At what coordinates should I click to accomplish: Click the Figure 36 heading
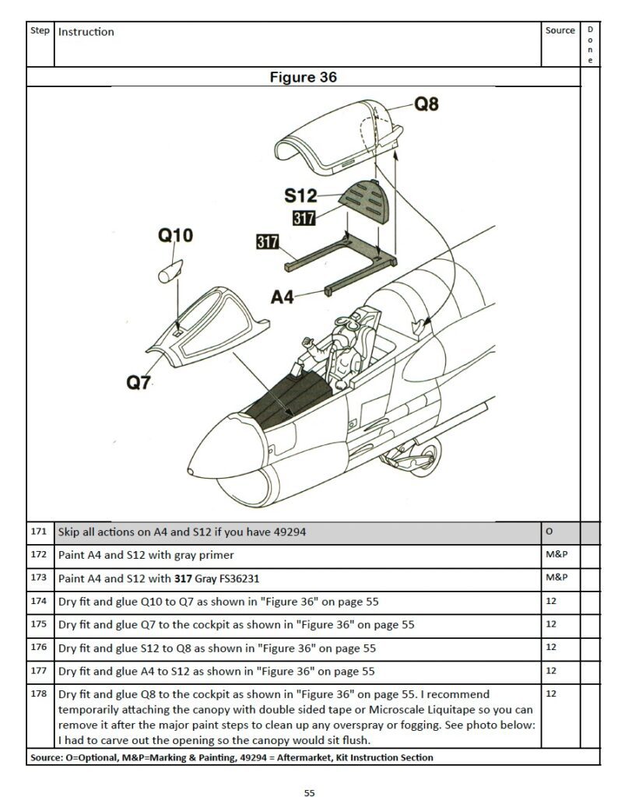[x=303, y=77]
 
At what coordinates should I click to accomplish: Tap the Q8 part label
[x=426, y=103]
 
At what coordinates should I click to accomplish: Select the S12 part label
[x=300, y=195]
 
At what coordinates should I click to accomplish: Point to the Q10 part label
[x=176, y=235]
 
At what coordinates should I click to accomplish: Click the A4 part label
[x=283, y=297]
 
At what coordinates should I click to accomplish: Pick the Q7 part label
[x=138, y=382]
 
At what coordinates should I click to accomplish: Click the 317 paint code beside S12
[x=304, y=219]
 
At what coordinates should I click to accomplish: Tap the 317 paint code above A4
[x=268, y=242]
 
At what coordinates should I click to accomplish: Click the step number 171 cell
[x=39, y=532]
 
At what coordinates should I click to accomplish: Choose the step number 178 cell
[x=39, y=693]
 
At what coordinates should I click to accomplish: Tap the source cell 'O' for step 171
[x=549, y=532]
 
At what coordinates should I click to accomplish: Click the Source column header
[x=560, y=31]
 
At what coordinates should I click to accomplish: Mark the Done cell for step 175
[x=590, y=624]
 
